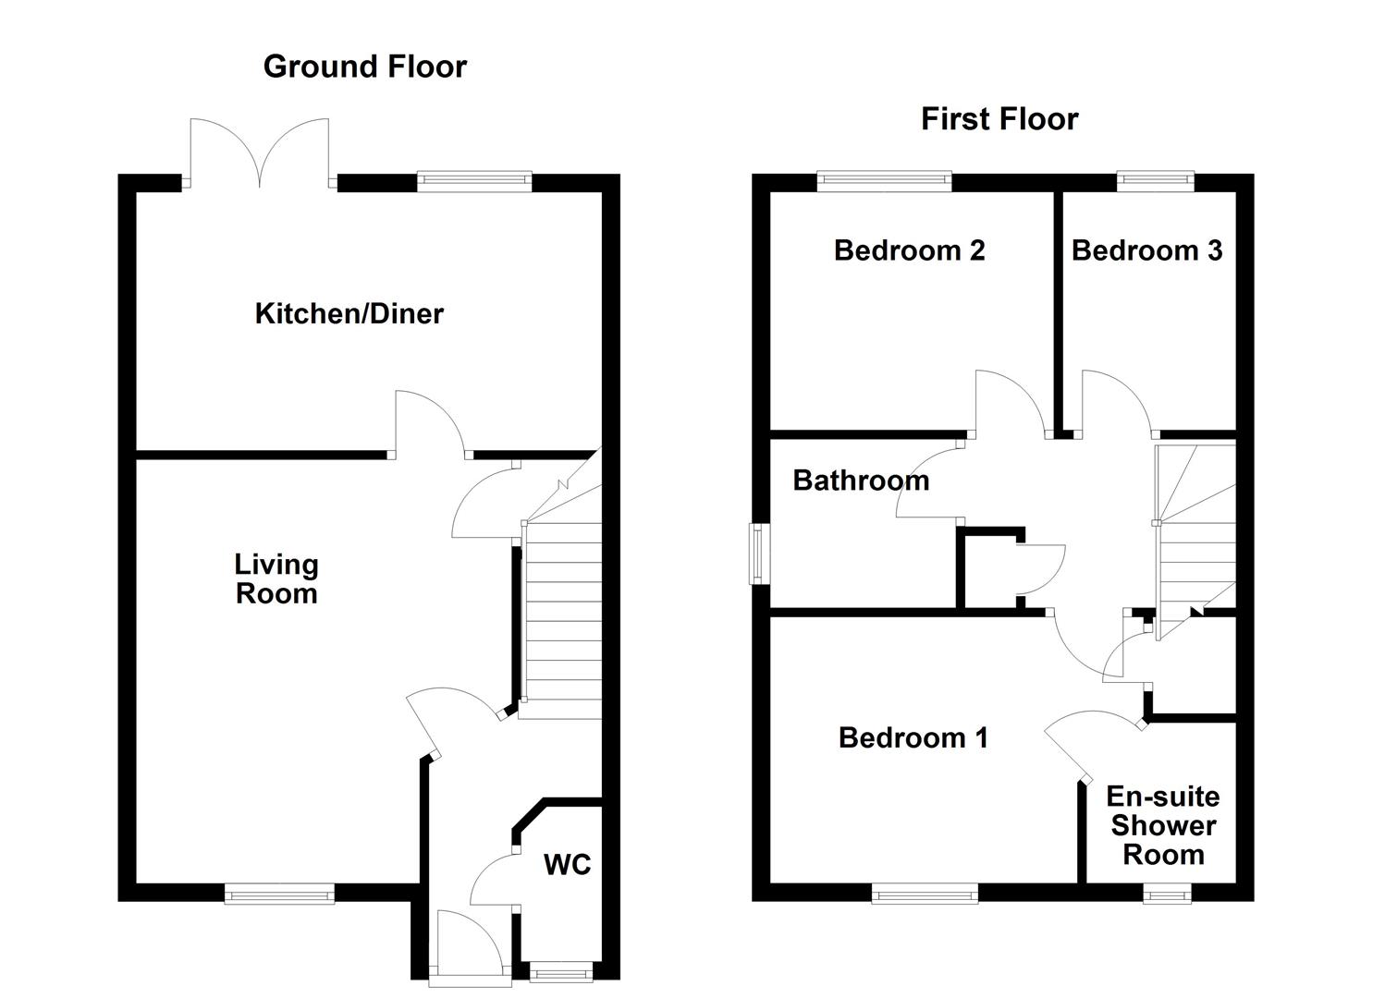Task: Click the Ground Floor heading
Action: click(x=365, y=67)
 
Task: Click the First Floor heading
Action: click(x=999, y=119)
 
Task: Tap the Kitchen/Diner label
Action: click(x=349, y=313)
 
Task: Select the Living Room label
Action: click(x=276, y=578)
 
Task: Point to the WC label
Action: click(x=567, y=865)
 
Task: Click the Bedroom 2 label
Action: click(x=909, y=250)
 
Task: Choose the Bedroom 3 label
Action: click(x=1146, y=250)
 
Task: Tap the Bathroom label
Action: click(x=861, y=481)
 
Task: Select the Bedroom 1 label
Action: click(x=913, y=737)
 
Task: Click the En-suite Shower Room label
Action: click(x=1163, y=825)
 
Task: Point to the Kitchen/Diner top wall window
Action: click(x=474, y=181)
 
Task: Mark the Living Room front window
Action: click(x=279, y=893)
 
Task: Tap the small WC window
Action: click(x=561, y=970)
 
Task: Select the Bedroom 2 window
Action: click(x=884, y=181)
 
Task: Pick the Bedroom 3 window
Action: click(x=1155, y=181)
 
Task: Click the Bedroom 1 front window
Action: click(x=925, y=893)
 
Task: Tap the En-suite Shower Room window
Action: click(x=1167, y=893)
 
